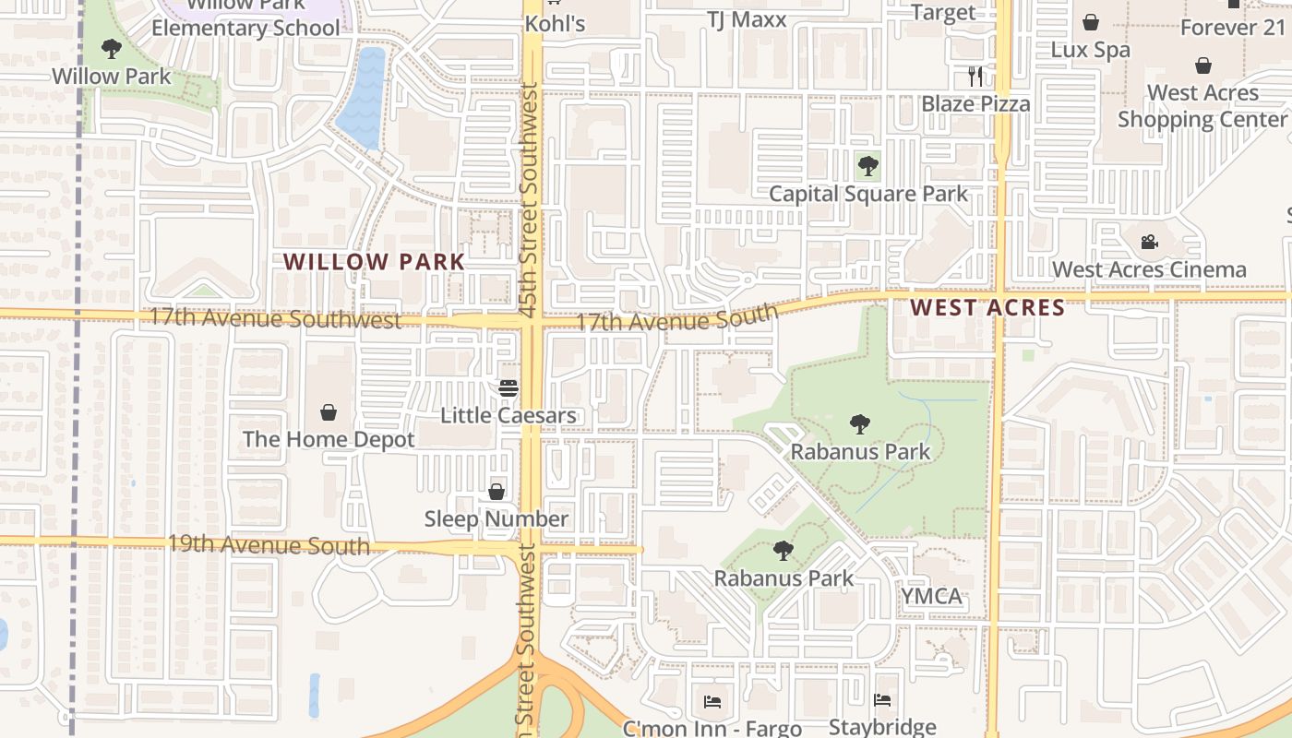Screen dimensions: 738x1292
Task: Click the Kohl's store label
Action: click(555, 23)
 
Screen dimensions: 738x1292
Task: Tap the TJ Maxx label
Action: click(747, 19)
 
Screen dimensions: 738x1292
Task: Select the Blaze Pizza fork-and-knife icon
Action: click(975, 77)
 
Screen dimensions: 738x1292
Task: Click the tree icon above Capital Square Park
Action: click(867, 167)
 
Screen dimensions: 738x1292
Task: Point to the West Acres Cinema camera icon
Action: click(1149, 242)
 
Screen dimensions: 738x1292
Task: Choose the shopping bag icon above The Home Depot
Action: click(329, 411)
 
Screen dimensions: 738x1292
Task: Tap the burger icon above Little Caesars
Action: click(508, 388)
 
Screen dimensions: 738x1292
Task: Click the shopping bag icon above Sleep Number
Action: click(496, 492)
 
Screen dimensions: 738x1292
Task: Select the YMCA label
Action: click(931, 596)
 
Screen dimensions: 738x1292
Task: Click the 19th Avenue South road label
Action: click(268, 544)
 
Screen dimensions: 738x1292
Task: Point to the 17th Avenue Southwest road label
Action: click(275, 319)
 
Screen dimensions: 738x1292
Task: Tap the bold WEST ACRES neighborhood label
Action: click(987, 307)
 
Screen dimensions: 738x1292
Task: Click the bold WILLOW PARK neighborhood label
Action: click(374, 262)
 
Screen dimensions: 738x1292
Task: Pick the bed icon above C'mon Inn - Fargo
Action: click(712, 702)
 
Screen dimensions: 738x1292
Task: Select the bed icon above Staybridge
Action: click(882, 701)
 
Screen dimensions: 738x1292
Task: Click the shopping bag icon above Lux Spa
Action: click(1091, 22)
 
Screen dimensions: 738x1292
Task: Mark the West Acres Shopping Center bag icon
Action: click(1202, 65)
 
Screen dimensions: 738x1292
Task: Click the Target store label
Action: click(942, 12)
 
